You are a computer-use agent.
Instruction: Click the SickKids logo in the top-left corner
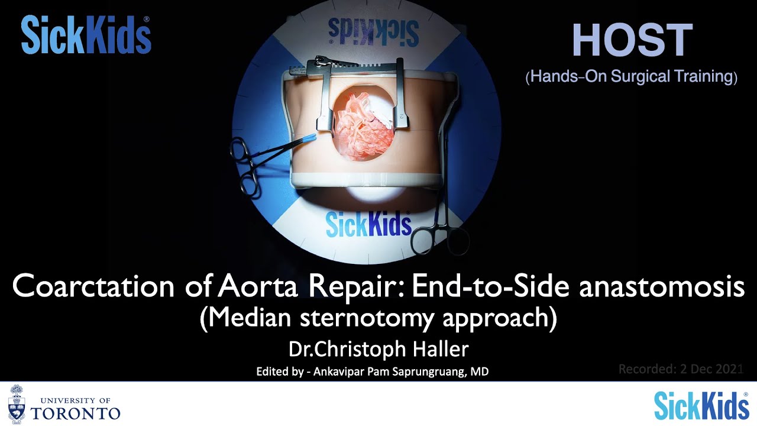click(x=86, y=35)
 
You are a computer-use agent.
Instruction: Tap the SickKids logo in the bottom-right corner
click(x=701, y=405)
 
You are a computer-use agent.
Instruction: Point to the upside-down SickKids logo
click(x=372, y=32)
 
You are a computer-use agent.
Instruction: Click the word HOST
click(x=632, y=41)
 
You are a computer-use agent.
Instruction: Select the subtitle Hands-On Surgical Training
click(x=632, y=77)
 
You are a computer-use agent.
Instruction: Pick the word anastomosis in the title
click(x=662, y=287)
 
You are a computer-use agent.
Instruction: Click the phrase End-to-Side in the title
click(x=490, y=287)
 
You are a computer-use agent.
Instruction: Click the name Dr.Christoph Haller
click(x=378, y=350)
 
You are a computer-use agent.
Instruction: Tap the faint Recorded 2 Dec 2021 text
click(x=680, y=369)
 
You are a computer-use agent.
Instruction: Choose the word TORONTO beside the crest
click(x=75, y=412)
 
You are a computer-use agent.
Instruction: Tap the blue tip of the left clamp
click(x=308, y=138)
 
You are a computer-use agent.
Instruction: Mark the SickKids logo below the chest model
click(x=368, y=225)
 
